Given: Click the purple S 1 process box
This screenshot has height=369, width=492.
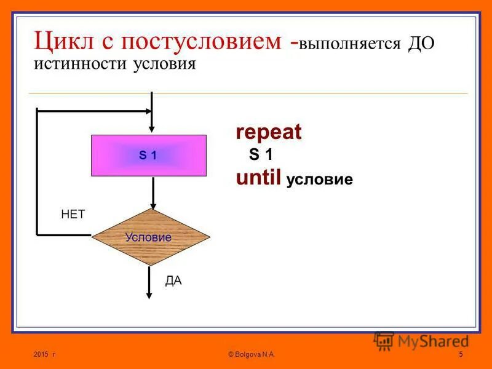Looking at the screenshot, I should (148, 156).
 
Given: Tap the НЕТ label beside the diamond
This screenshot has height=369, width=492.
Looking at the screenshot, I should (73, 214).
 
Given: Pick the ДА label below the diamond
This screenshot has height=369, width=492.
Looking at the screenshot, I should (173, 281).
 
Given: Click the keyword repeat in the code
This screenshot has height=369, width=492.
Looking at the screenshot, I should (269, 132).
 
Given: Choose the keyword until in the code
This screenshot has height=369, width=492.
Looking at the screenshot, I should (259, 178).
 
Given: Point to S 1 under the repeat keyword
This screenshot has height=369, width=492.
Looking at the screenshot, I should (261, 155).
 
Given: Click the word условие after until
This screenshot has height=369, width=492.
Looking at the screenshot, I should (320, 180).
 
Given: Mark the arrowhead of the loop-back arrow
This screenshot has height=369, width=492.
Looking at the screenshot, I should (148, 111).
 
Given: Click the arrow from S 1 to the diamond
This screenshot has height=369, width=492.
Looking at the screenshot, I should (154, 192).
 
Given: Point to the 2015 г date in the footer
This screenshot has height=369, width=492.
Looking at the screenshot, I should (45, 355).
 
